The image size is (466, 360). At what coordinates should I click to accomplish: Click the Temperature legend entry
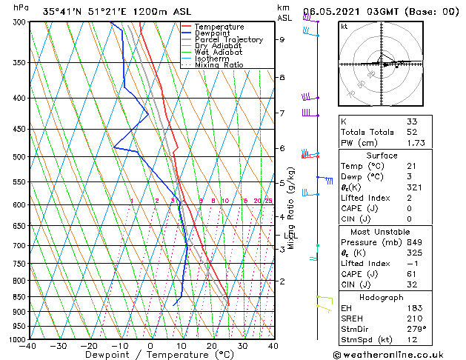pos(220,27)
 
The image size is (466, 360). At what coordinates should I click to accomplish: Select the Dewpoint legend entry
pos(214,33)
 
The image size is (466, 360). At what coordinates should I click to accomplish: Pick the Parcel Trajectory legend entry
pos(228,40)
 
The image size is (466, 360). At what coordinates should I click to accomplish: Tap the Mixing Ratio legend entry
pos(219,65)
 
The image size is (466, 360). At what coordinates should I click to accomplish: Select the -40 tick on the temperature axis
pos(29,345)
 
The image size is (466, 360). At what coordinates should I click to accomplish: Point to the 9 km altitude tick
pos(282,40)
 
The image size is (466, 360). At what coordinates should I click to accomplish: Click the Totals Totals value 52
pos(413,131)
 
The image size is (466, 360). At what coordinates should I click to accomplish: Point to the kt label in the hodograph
pos(344,26)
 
